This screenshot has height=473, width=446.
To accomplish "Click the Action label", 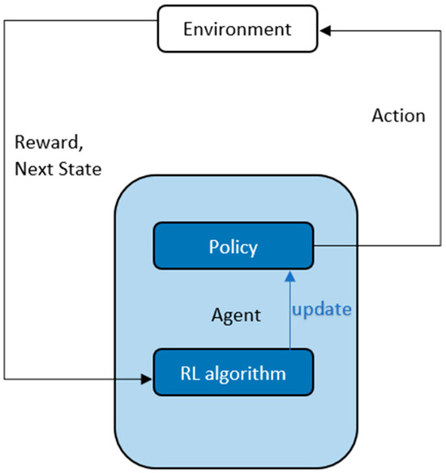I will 398,115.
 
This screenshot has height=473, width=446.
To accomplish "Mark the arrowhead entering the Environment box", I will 325,31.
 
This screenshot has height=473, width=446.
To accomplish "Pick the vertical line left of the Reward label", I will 4,203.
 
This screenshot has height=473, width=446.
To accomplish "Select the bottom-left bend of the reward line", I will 4,377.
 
